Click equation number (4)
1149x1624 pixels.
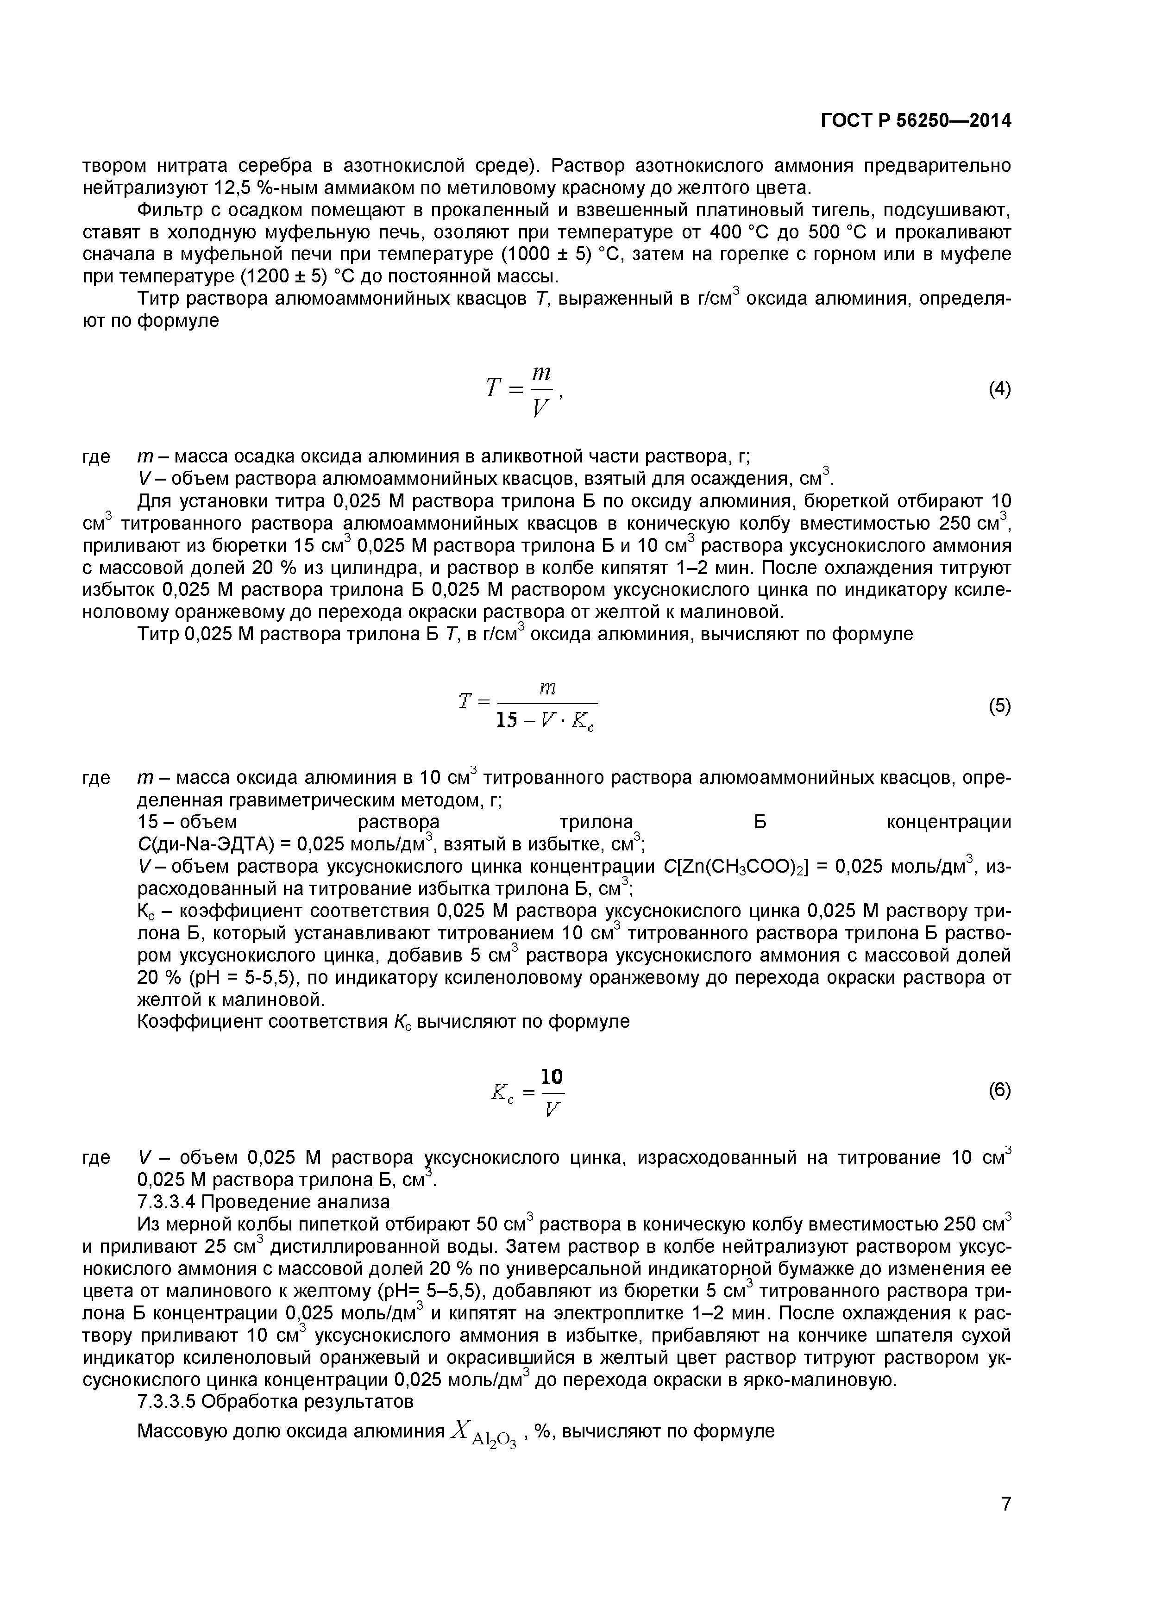(999, 389)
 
